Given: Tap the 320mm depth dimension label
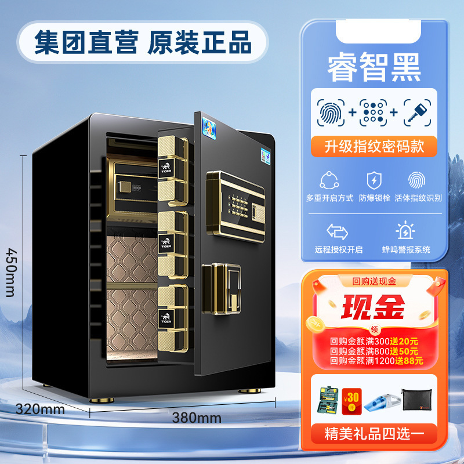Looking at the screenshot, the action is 39,408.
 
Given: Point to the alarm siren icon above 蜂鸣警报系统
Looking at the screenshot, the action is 406,231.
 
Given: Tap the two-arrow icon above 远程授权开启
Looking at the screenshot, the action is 338,231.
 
